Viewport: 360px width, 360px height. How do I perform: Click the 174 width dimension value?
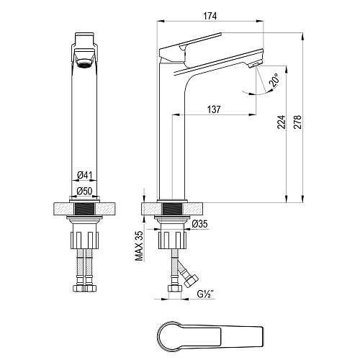point(210,16)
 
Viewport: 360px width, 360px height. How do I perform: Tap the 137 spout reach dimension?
point(214,109)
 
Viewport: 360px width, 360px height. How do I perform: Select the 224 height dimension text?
point(282,122)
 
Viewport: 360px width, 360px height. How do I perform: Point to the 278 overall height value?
point(297,122)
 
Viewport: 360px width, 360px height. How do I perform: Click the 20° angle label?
point(274,80)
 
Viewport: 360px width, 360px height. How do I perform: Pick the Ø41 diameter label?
point(84,175)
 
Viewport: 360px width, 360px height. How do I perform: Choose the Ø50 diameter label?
point(84,191)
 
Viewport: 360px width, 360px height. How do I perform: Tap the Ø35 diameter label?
point(200,224)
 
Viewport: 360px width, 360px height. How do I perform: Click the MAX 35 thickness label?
point(139,246)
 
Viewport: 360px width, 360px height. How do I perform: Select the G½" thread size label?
point(206,294)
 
